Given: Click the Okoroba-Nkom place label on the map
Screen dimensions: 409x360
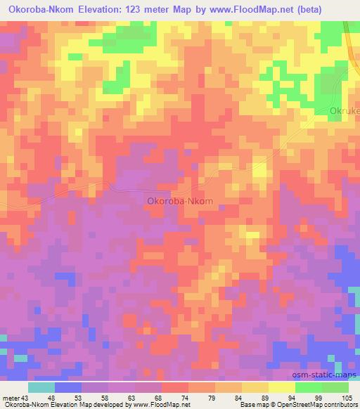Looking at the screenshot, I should pyautogui.click(x=180, y=201).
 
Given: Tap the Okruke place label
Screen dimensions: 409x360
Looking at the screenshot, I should pyautogui.click(x=345, y=110).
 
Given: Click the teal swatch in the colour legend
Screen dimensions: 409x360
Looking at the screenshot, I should pyautogui.click(x=41, y=387).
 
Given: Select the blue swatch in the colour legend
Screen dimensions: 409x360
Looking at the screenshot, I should pyautogui.click(x=68, y=387).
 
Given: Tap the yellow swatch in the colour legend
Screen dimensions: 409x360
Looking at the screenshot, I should pyautogui.click(x=281, y=387).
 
